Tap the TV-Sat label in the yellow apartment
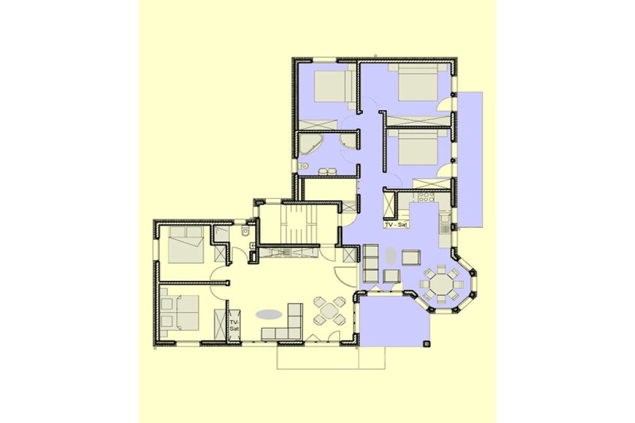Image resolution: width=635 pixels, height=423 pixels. click(234, 326)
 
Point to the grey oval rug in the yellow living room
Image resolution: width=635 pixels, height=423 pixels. click(269, 314)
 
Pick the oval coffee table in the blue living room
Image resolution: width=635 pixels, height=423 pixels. click(391, 256)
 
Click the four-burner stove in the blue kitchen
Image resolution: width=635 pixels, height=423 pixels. click(426, 197)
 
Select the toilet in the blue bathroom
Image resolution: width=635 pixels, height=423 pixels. click(303, 166)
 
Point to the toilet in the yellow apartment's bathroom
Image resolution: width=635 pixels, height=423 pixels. click(245, 231)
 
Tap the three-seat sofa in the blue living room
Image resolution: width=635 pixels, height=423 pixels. click(371, 263)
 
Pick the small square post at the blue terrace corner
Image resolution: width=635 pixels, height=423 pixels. click(426, 344)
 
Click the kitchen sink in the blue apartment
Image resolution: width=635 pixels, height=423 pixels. click(445, 219)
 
